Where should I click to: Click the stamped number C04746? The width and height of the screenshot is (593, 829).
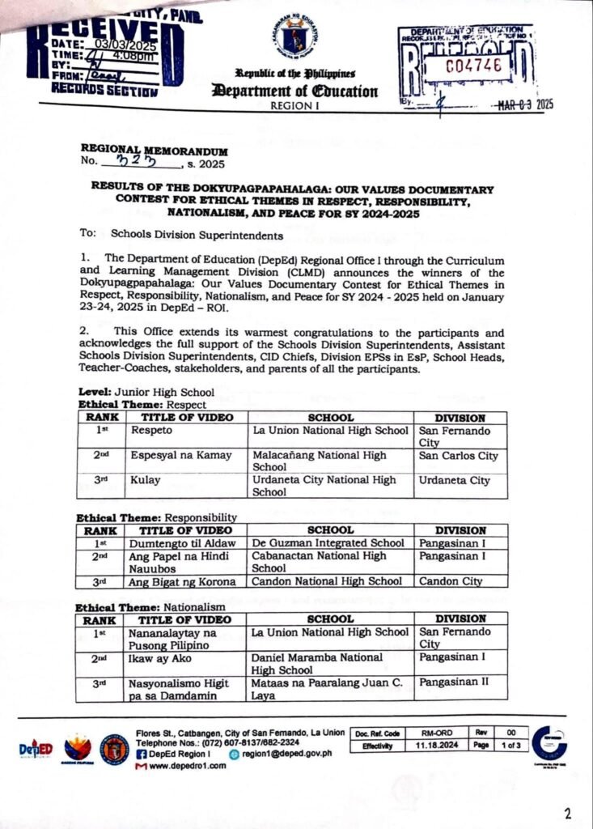[479, 66]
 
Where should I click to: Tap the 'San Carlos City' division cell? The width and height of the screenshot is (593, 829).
[458, 456]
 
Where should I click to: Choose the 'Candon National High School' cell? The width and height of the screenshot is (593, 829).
[327, 581]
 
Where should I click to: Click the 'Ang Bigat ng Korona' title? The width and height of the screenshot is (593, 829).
[183, 581]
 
